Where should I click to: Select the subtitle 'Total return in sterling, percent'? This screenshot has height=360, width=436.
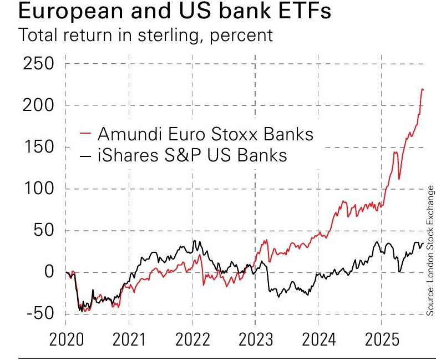(146, 35)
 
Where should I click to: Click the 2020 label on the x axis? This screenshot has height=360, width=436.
(66, 339)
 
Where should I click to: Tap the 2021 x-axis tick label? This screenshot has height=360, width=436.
(129, 339)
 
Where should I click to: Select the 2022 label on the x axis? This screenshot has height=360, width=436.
(192, 339)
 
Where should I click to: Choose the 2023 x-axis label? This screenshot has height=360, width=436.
(255, 339)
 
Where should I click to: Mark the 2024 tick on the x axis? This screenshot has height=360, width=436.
(318, 339)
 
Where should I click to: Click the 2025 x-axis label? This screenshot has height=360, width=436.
(382, 339)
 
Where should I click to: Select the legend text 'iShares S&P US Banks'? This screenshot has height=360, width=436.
(192, 155)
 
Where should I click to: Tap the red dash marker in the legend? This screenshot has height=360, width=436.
(86, 134)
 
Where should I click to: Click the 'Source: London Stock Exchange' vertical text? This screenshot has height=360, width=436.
(430, 251)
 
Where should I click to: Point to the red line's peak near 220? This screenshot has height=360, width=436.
(422, 89)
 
